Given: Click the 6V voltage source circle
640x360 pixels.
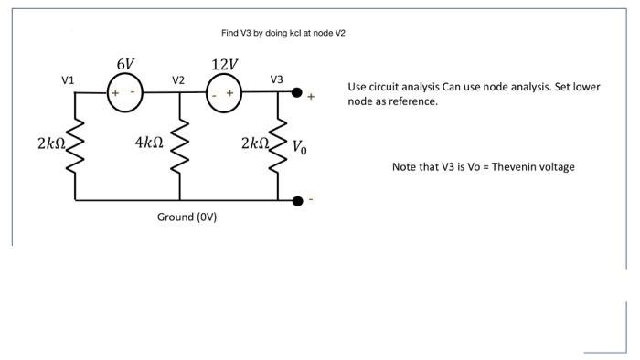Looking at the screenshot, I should [123, 94].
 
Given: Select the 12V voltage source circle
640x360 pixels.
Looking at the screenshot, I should [223, 94].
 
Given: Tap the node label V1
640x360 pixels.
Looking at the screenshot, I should [68, 80].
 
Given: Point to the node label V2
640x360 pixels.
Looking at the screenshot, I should [178, 80].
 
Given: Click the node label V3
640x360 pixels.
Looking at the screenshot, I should [277, 79].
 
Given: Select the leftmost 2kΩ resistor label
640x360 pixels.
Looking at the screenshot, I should [51, 143].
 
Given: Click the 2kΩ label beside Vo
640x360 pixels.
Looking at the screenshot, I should [255, 143].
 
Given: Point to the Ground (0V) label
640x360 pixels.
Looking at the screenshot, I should [187, 217].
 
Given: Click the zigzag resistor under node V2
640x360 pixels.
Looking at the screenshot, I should [179, 145].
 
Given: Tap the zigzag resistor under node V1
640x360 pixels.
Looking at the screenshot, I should [74, 145].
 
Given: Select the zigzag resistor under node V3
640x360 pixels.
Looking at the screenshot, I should [279, 145].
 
